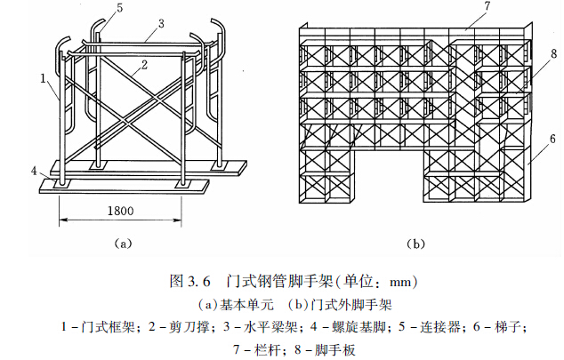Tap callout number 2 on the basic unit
(141, 66)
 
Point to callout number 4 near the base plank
(34, 169)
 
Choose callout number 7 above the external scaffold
(463, 9)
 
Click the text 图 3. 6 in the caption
(189, 282)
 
